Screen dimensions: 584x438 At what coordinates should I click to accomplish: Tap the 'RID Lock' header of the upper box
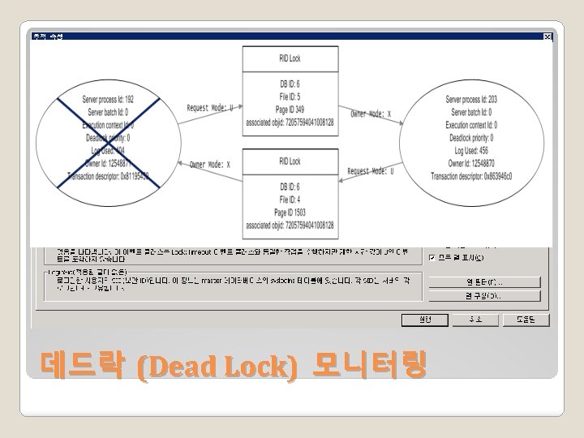point(289,58)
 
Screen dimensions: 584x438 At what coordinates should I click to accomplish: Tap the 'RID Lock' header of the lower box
point(289,161)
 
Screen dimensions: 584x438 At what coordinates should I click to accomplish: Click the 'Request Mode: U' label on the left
point(210,107)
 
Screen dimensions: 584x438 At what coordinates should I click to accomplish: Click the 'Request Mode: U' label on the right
point(371,171)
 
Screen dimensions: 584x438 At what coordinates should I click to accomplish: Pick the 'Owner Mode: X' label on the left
point(210,165)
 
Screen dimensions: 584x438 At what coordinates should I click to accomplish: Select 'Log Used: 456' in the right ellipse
point(470,150)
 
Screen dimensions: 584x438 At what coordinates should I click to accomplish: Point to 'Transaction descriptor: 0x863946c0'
point(470,175)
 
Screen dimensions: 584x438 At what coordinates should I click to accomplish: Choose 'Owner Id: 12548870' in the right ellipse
point(470,163)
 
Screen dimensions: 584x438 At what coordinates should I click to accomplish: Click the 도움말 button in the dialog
point(528,320)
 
